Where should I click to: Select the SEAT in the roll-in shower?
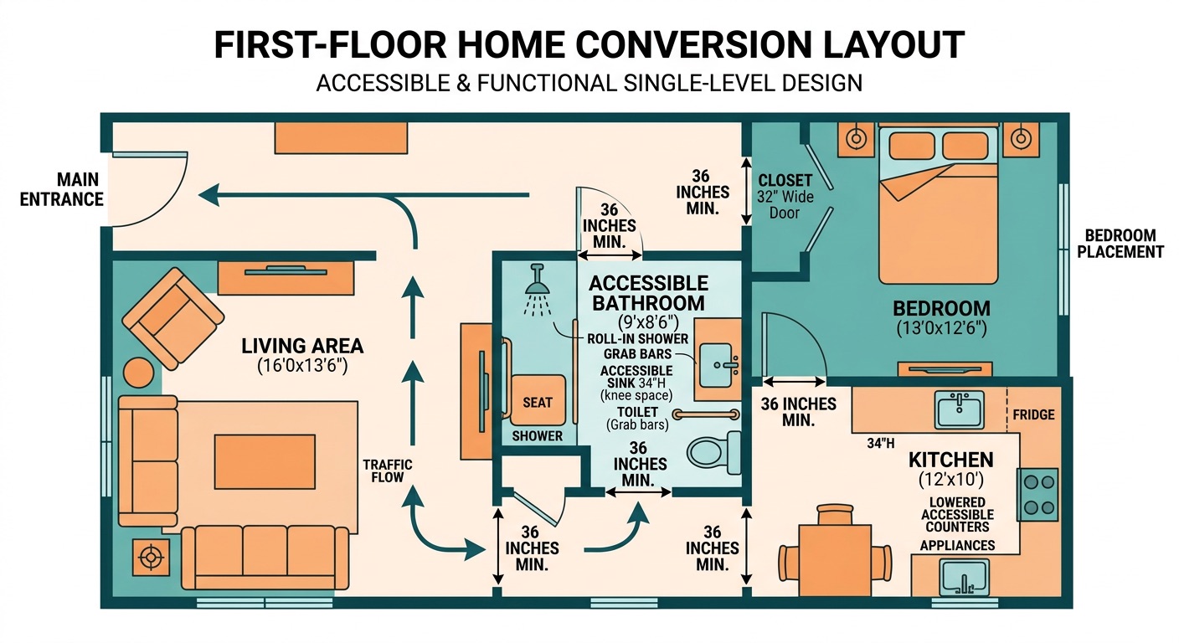pyautogui.click(x=538, y=402)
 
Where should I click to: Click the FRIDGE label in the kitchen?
pyautogui.click(x=1033, y=414)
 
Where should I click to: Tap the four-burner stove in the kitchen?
pyautogui.click(x=1037, y=494)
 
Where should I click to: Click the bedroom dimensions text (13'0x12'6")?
pyautogui.click(x=941, y=328)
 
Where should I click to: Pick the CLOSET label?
pyautogui.click(x=785, y=180)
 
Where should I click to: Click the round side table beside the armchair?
pyautogui.click(x=139, y=372)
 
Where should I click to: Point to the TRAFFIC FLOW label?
pyautogui.click(x=387, y=471)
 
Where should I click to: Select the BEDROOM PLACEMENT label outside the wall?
pyautogui.click(x=1120, y=244)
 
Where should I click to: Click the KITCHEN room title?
pyautogui.click(x=950, y=460)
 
